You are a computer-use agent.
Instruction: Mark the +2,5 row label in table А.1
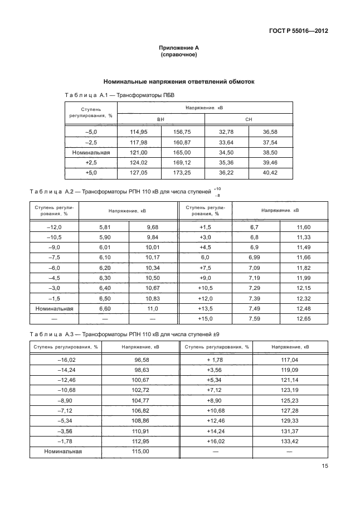[x=91, y=162]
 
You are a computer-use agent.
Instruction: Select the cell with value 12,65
[x=304, y=318]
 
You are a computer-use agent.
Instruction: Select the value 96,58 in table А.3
[x=143, y=360]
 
